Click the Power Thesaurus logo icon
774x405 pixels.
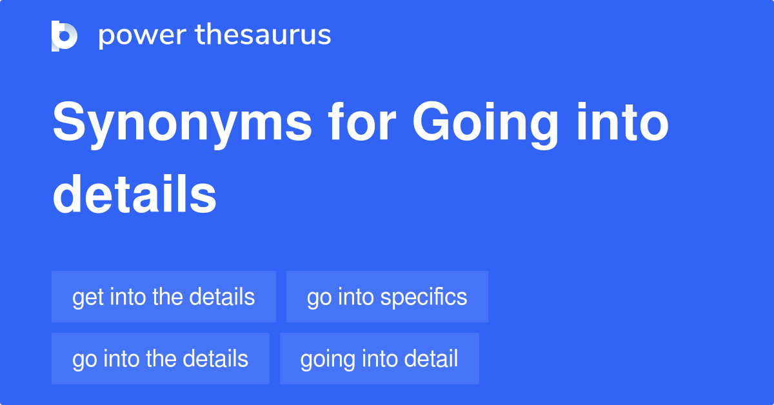[x=64, y=35]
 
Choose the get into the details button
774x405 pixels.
[x=164, y=297]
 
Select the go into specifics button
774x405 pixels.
[x=387, y=297]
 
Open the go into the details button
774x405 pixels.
[x=161, y=359]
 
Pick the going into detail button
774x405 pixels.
[x=379, y=359]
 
